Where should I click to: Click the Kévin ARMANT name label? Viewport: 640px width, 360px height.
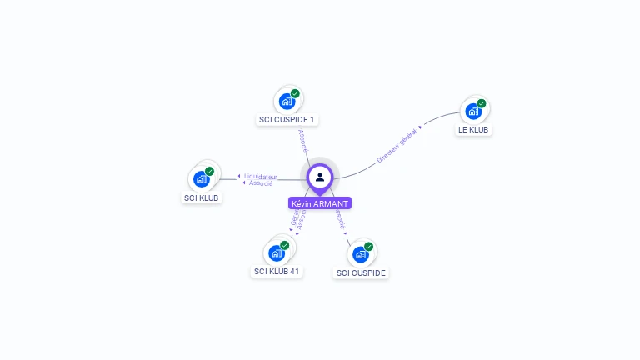320,203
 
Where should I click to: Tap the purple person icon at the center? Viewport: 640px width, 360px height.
320,177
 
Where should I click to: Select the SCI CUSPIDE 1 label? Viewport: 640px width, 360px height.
287,120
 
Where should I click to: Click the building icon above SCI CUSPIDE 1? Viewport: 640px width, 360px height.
287,102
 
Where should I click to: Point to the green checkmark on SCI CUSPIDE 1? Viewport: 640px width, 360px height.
295,93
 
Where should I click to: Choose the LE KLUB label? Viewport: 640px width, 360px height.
473,130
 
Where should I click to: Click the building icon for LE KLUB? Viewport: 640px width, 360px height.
473,111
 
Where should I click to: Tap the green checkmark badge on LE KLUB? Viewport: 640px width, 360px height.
482,103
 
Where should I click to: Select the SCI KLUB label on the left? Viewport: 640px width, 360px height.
201,198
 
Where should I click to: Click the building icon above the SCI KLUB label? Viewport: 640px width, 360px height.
201,178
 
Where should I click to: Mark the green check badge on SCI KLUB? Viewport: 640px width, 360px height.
209,171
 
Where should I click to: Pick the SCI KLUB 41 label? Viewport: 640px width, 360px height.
277,272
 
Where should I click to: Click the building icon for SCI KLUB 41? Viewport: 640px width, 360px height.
276,252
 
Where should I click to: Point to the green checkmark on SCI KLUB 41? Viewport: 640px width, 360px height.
284,245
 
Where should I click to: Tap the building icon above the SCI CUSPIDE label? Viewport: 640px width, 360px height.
360,254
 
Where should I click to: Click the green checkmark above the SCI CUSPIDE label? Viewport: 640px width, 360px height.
368,247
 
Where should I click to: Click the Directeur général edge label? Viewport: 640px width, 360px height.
397,146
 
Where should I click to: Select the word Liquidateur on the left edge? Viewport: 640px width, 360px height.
261,176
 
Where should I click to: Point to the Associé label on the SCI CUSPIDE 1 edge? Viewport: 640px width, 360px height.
302,140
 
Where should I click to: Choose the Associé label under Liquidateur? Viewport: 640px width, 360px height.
261,183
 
